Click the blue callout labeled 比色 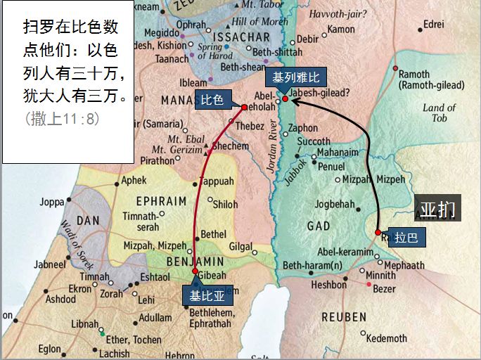212,100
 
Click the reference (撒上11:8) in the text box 62,119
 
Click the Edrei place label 433,24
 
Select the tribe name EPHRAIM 162,200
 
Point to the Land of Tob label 440,112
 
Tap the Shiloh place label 225,205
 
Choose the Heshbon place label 328,285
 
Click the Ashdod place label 60,299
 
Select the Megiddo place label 162,33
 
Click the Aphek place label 134,180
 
